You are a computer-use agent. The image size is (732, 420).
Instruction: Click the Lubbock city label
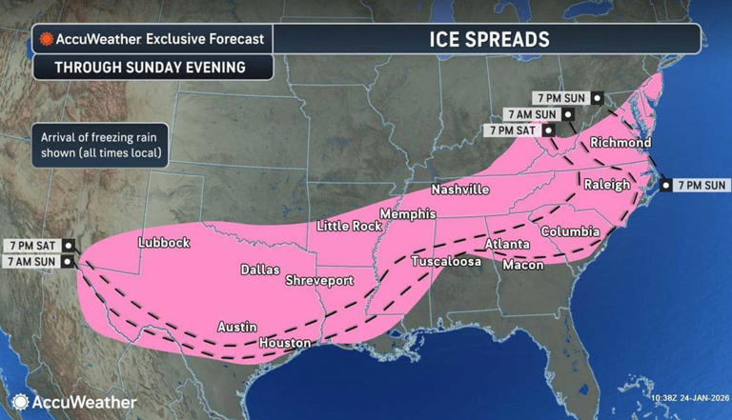click(164, 243)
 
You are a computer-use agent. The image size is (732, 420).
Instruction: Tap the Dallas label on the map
click(260, 270)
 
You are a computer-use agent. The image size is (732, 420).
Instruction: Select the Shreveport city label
click(319, 281)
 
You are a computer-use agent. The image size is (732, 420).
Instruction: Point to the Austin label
click(237, 327)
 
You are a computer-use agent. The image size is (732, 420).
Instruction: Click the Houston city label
click(285, 342)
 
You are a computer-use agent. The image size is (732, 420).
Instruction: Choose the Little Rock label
click(349, 226)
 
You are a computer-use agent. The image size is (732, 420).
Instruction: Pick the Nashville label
click(459, 190)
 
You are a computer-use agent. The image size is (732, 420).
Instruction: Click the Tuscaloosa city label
click(446, 260)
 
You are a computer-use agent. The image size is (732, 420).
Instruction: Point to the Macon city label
click(523, 265)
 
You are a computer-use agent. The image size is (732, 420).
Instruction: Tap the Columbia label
click(570, 231)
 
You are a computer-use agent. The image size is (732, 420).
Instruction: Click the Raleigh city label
click(606, 184)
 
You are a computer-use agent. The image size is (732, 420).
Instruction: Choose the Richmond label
click(620, 143)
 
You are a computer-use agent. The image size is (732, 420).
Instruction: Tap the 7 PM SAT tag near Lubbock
click(36, 245)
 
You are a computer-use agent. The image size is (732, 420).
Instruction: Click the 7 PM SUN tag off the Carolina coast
click(701, 185)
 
